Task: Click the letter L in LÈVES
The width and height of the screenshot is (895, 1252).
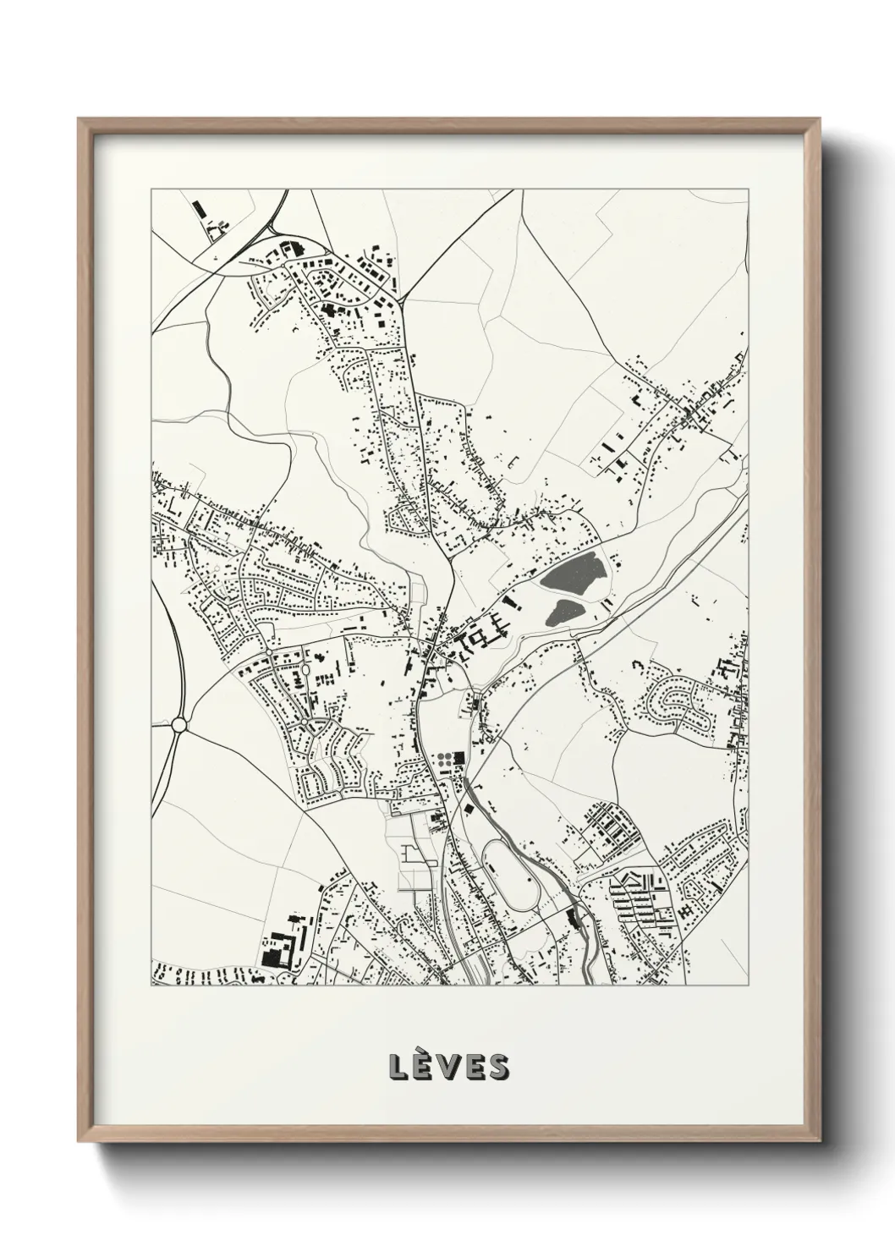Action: [x=398, y=1068]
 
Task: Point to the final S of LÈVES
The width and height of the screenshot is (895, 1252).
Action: [x=498, y=1068]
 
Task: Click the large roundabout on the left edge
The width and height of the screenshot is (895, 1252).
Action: [x=178, y=725]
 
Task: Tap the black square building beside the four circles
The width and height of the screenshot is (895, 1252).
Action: [x=460, y=759]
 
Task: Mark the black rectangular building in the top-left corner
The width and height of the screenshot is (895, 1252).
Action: [x=200, y=207]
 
